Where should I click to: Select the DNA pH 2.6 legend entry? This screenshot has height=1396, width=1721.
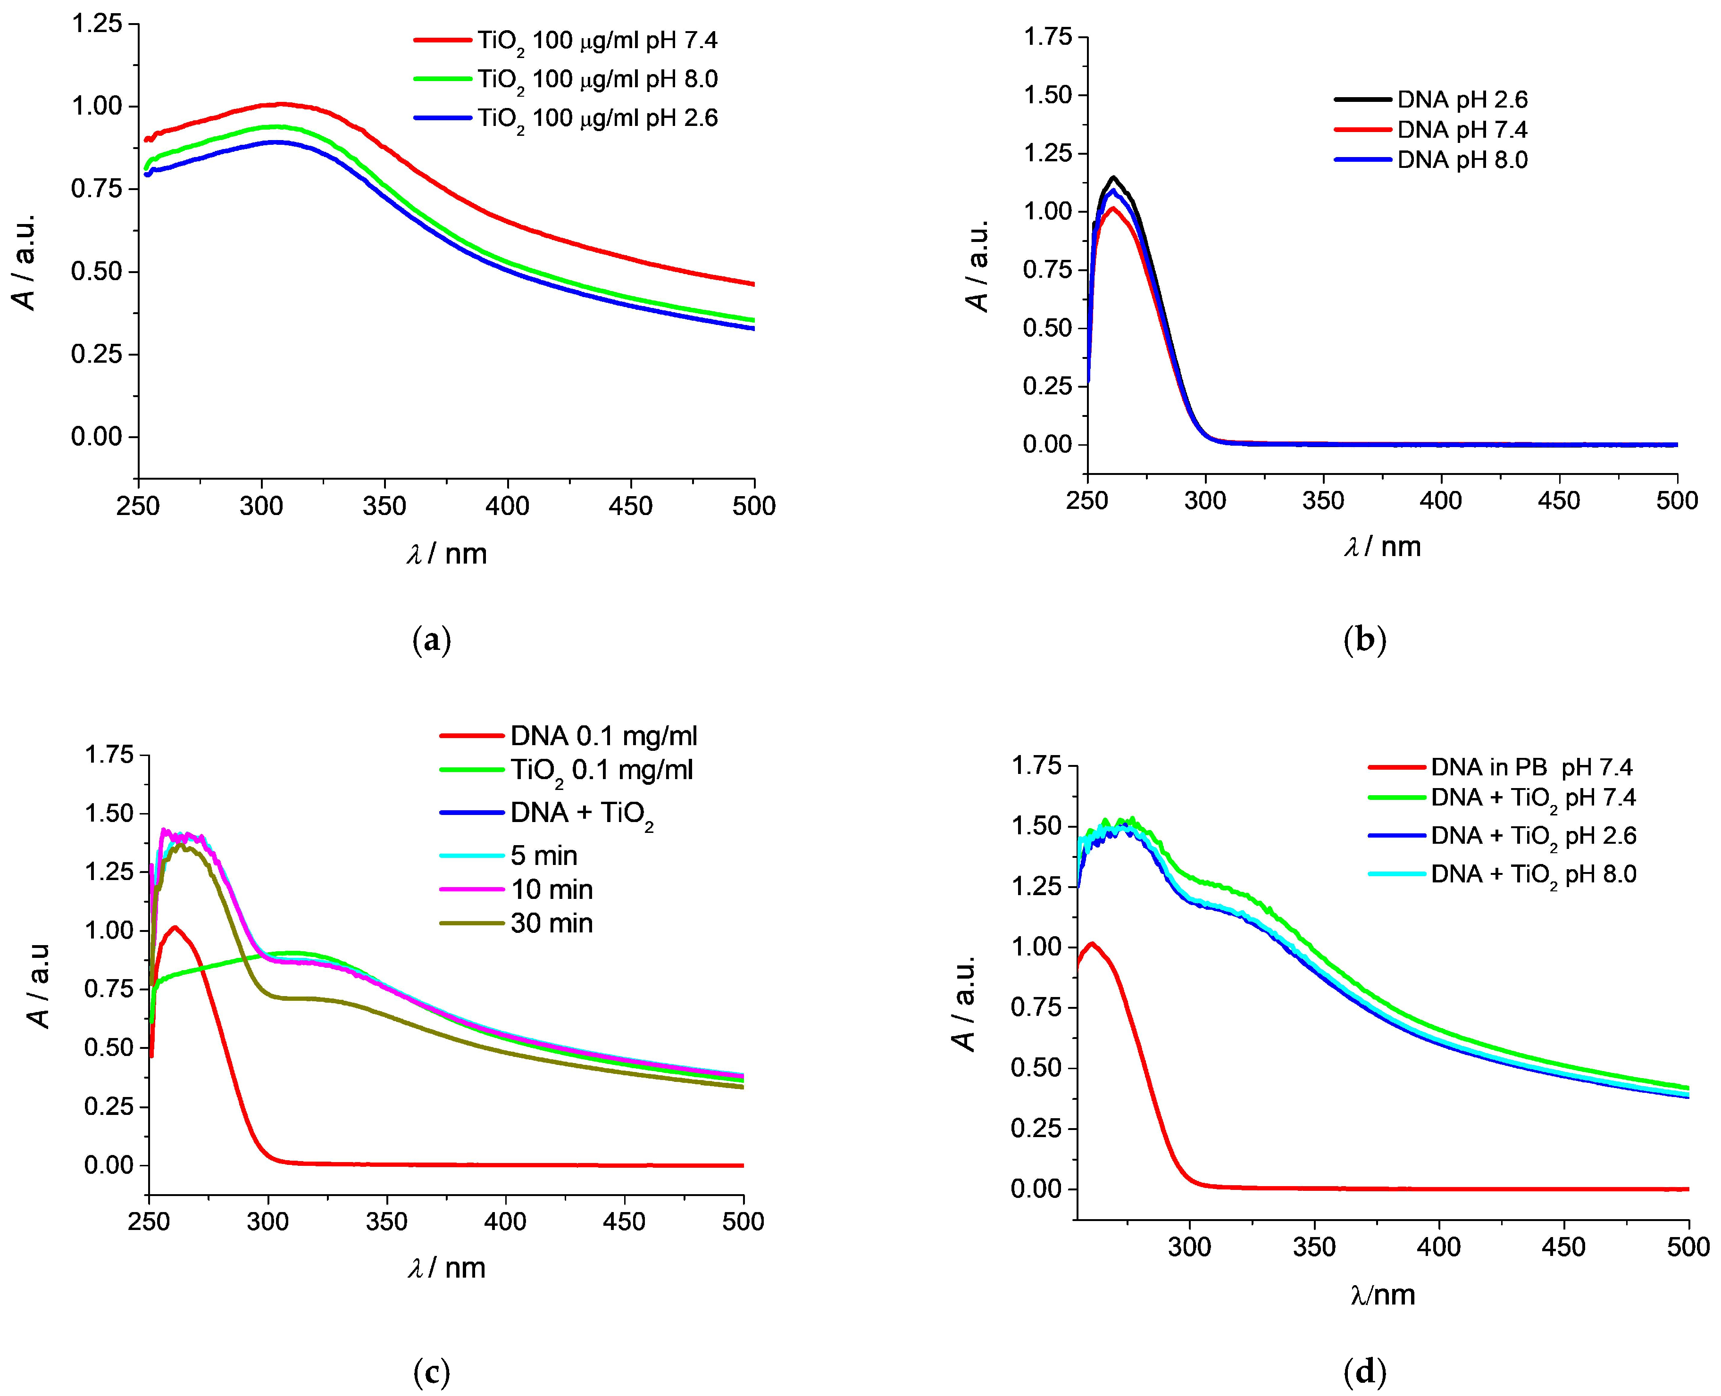pos(1462,100)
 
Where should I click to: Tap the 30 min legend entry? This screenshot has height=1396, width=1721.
pos(551,923)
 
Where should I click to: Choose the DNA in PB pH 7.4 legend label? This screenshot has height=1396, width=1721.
pos(1531,767)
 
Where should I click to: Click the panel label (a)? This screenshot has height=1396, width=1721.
pos(431,640)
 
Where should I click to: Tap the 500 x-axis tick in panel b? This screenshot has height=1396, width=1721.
pos(1676,501)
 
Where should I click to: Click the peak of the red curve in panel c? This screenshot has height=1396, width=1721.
pos(174,927)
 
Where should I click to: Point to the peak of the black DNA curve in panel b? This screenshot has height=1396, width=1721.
pos(1114,177)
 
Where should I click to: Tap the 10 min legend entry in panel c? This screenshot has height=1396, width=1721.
pos(551,889)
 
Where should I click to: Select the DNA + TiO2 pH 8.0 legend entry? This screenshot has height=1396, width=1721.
pos(1533,874)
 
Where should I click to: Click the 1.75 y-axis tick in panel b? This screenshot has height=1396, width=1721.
pos(1048,37)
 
